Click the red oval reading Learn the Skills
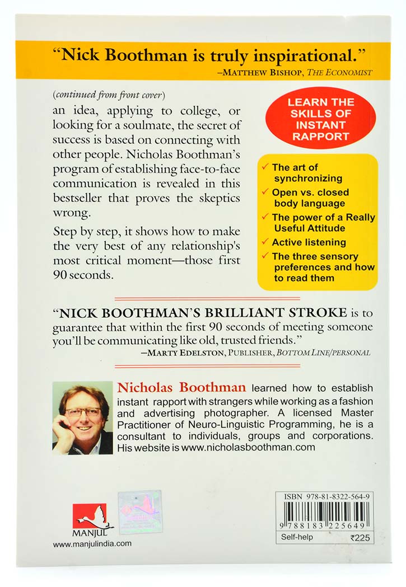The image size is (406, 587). (321, 119)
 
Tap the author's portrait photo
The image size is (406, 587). (82, 417)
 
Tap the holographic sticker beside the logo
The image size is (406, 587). (140, 513)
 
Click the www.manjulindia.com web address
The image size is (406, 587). (92, 543)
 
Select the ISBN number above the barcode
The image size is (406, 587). (324, 496)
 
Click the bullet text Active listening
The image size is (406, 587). (309, 242)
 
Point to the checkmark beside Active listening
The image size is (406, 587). (265, 242)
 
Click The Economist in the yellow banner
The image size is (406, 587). (348, 72)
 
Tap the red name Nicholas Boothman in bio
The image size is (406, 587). (181, 387)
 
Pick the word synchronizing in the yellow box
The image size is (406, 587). (307, 179)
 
